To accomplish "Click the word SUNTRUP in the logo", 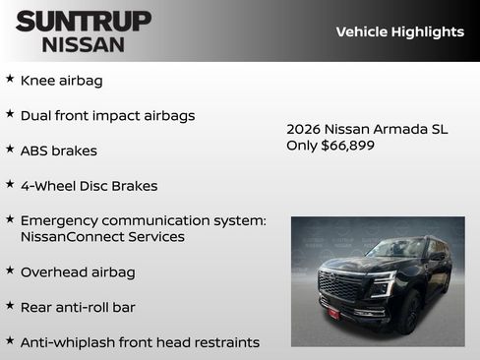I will point(83,21).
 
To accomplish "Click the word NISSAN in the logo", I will point(83,43).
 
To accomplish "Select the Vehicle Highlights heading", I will point(399,31).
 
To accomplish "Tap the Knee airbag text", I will point(61,81).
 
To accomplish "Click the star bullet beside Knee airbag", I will point(10,79).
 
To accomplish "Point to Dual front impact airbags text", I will point(107,115).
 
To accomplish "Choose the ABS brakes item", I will point(58,150).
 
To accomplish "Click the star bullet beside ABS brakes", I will point(10,149).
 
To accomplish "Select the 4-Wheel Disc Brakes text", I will point(89,185).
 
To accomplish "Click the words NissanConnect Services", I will point(102,237).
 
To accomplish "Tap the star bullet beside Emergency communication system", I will point(10,218).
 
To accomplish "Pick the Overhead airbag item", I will point(78,271).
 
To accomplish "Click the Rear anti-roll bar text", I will point(78,307).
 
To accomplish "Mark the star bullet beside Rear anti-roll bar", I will point(10,305).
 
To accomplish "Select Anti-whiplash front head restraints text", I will point(140,342).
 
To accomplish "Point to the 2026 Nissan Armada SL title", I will point(367,129).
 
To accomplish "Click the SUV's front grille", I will point(340,286).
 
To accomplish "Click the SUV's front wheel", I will point(406,313).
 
